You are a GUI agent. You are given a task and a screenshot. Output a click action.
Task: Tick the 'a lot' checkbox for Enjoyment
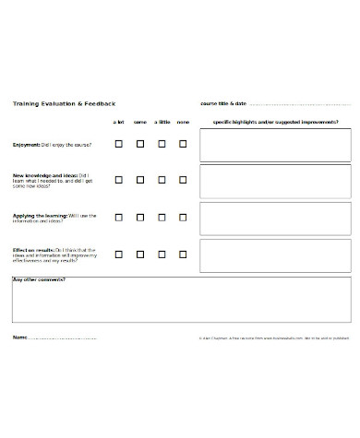pyautogui.click(x=118, y=144)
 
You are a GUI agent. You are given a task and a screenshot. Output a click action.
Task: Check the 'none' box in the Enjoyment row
pyautogui.click(x=183, y=144)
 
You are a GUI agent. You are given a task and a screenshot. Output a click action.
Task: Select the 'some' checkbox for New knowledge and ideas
pyautogui.click(x=140, y=180)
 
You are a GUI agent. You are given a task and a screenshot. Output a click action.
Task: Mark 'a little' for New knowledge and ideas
pyautogui.click(x=162, y=180)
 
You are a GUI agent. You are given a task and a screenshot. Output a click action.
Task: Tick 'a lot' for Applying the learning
pyautogui.click(x=118, y=218)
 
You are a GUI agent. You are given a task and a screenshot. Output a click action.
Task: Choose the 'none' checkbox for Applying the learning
pyautogui.click(x=183, y=218)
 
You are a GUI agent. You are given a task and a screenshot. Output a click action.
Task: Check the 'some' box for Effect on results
pyautogui.click(x=140, y=254)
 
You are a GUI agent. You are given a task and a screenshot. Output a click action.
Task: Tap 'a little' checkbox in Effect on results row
pyautogui.click(x=162, y=254)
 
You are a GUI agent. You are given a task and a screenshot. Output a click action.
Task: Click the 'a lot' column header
pyautogui.click(x=118, y=122)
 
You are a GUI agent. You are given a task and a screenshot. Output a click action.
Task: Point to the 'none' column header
pyautogui.click(x=183, y=122)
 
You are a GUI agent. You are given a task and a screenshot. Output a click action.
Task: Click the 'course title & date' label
pyautogui.click(x=223, y=103)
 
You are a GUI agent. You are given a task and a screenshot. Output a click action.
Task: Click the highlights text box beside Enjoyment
pyautogui.click(x=275, y=145)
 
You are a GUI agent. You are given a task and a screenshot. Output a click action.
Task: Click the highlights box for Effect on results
pyautogui.click(x=275, y=255)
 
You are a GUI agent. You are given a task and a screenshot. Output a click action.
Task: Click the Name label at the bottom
pyautogui.click(x=20, y=337)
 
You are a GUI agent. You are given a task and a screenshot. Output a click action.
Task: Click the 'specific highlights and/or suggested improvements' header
pyautogui.click(x=275, y=122)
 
